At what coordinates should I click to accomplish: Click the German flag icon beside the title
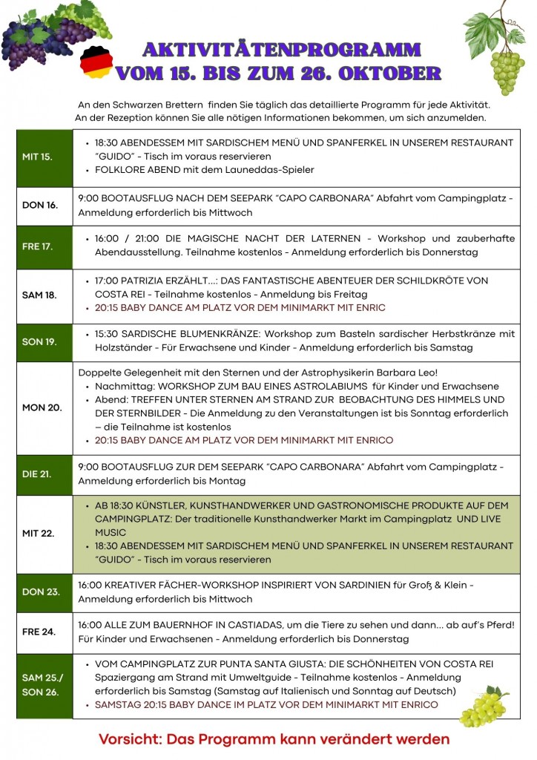click(96, 60)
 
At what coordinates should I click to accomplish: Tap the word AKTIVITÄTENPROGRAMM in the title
click(281, 50)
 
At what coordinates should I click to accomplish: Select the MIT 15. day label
click(37, 157)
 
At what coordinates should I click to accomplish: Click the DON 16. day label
click(40, 206)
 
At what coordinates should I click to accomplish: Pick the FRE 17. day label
click(37, 246)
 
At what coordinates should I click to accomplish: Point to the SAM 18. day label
click(39, 295)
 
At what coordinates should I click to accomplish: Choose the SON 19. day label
click(39, 341)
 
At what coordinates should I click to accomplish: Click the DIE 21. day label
click(36, 474)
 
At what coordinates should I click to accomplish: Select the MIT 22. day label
click(39, 533)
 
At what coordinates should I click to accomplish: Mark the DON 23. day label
click(40, 592)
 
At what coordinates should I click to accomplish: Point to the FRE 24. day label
click(39, 632)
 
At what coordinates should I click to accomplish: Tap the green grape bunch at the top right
click(506, 71)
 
